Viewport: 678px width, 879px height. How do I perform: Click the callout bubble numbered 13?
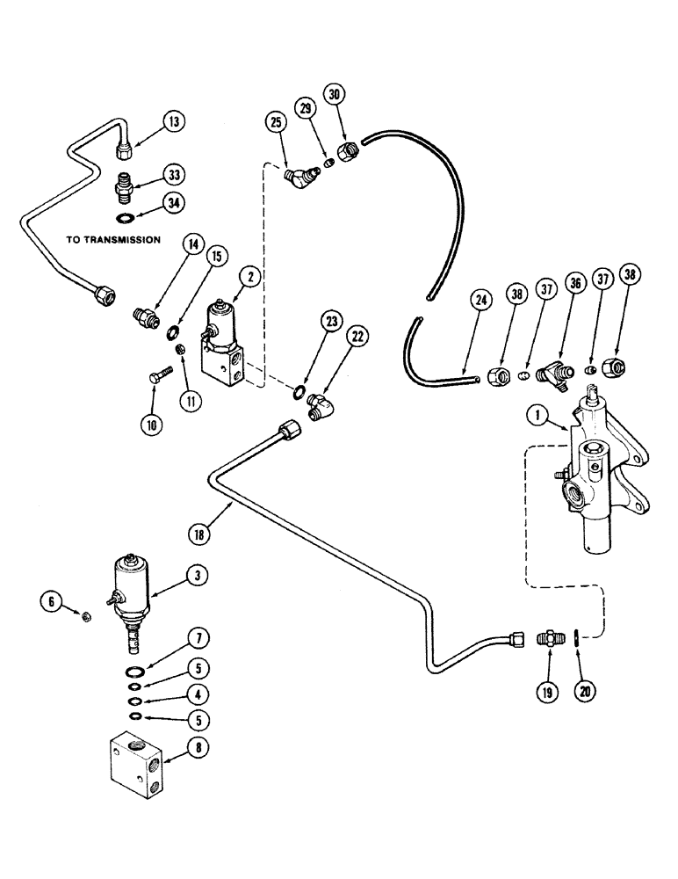click(x=174, y=122)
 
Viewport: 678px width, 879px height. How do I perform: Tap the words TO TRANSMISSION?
click(x=112, y=239)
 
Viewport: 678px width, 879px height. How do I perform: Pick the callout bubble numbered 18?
click(x=200, y=533)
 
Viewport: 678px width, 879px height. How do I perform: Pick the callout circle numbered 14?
click(x=190, y=266)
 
